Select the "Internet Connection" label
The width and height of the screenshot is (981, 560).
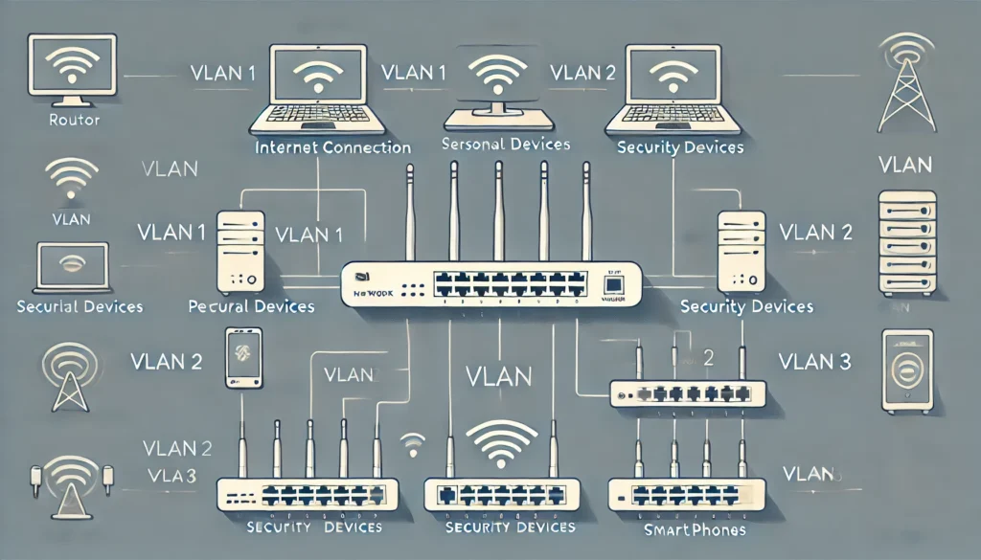[x=333, y=148]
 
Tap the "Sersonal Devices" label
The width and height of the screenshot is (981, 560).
[x=507, y=145]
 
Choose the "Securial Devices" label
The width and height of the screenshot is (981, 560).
[x=80, y=307]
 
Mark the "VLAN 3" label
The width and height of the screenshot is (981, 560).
[x=814, y=362]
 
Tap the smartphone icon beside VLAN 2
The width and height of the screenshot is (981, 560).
[x=243, y=358]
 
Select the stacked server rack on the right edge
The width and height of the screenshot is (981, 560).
[x=906, y=242]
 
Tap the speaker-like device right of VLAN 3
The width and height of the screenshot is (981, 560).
[x=906, y=371]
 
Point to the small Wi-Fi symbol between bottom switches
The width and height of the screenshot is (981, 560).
[x=413, y=443]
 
